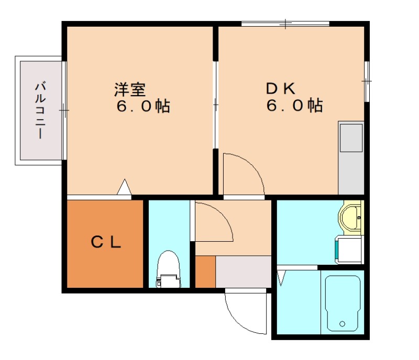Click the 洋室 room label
point(129,89)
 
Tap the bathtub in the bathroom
point(343,303)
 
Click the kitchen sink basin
point(351,137)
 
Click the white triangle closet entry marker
point(124,187)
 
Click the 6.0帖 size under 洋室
point(142,106)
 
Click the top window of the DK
point(285,24)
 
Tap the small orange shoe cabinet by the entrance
point(205,272)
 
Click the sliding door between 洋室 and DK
point(215,105)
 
